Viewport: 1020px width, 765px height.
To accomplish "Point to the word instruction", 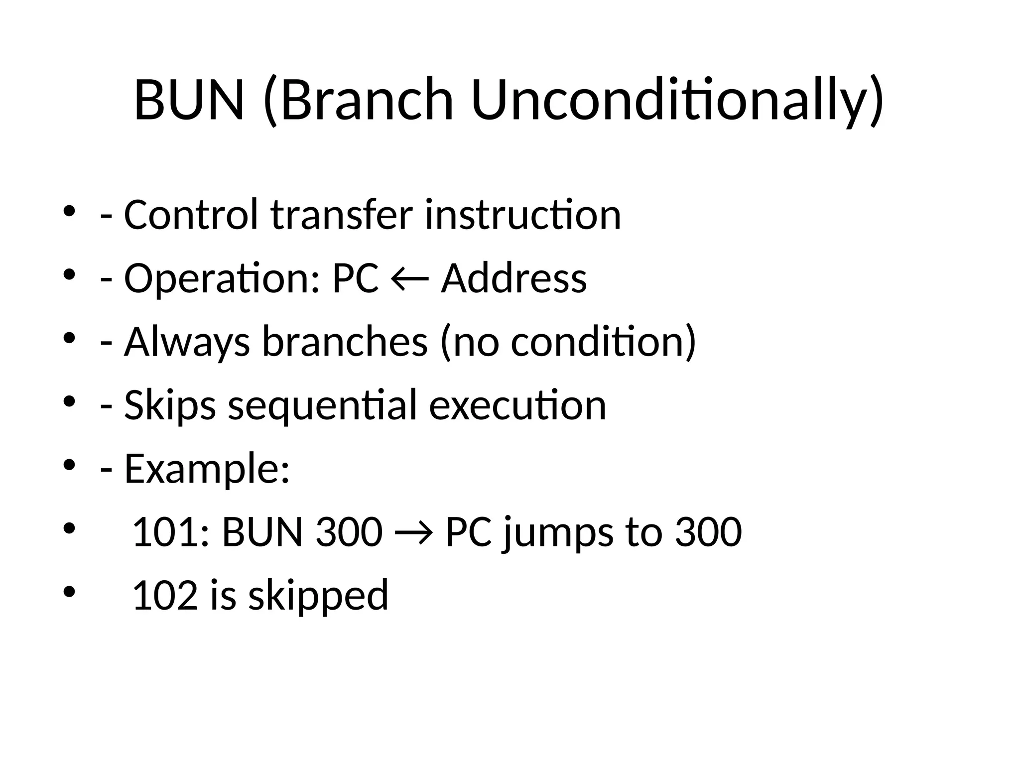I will [x=523, y=215].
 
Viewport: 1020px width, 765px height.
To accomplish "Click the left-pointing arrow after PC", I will [x=410, y=279].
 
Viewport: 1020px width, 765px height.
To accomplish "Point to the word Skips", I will [x=170, y=406].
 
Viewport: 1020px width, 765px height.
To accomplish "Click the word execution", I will [x=517, y=405].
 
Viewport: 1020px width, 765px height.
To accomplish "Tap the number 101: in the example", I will [x=170, y=532].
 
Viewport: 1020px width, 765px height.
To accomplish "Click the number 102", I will [x=165, y=595].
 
